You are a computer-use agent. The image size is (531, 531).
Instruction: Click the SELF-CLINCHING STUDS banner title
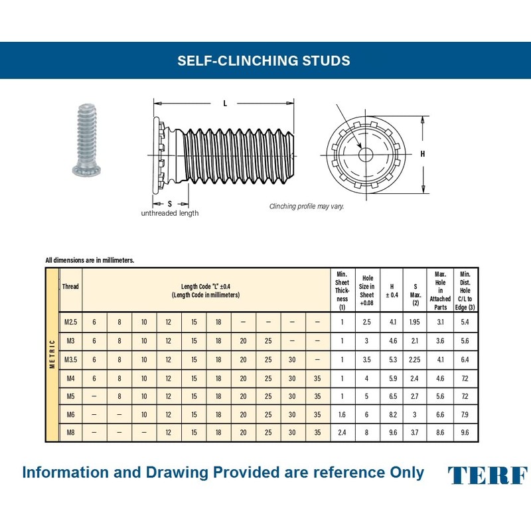tap(264, 60)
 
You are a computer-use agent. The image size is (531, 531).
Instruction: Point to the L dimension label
tap(225, 103)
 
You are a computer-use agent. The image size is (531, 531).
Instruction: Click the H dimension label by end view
tap(422, 154)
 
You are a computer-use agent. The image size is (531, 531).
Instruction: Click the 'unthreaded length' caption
tap(169, 213)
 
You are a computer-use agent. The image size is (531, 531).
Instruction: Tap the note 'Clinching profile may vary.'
tap(307, 206)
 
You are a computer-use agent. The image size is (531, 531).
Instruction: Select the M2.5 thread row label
tap(70, 322)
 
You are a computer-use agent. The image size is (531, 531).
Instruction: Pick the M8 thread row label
tap(70, 432)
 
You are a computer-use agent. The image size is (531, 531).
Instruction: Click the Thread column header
tap(70, 287)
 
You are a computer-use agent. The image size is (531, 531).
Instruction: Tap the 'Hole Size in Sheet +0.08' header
tap(367, 290)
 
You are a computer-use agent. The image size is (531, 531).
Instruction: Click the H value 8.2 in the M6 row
tap(393, 414)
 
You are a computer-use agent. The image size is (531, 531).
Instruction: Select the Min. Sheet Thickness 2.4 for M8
tap(342, 432)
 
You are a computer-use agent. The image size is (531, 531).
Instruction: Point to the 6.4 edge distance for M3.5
tap(465, 359)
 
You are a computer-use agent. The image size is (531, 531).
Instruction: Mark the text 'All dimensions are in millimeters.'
tap(90, 260)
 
